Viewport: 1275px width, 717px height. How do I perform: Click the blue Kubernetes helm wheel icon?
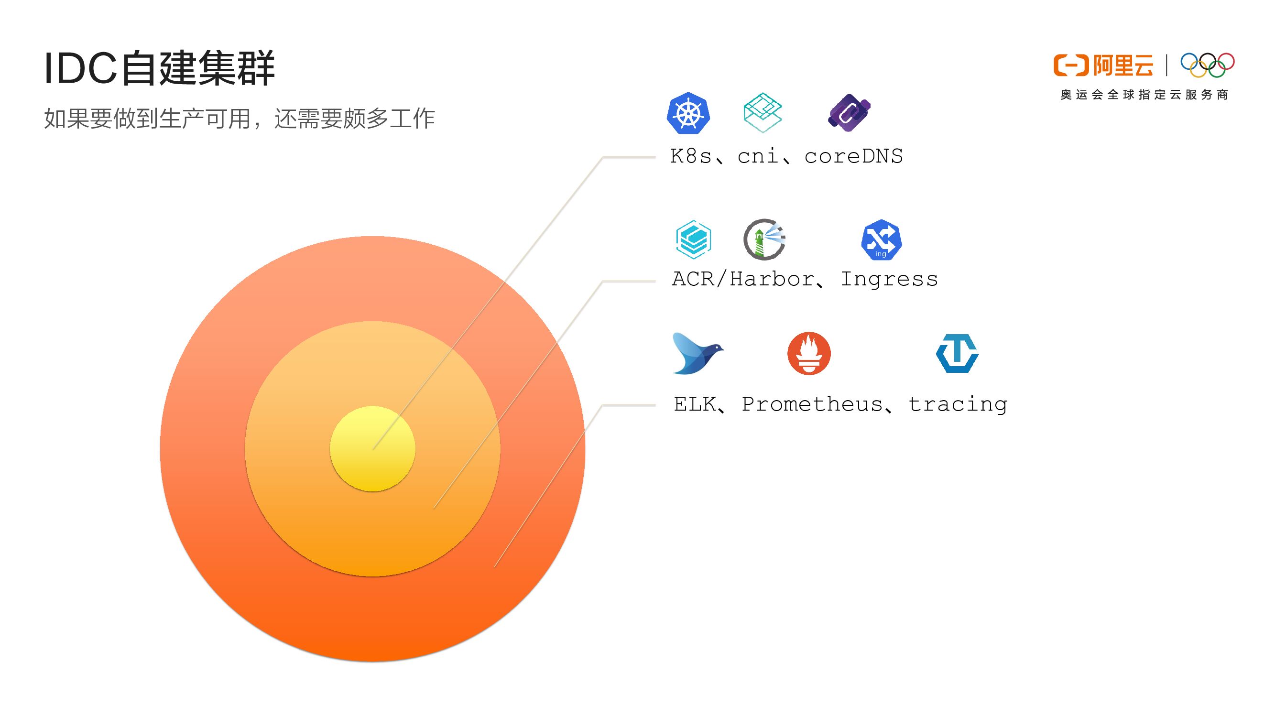pos(688,113)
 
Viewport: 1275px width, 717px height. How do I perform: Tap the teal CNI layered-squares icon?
pos(762,112)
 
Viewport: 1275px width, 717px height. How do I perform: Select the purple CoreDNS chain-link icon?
pos(850,112)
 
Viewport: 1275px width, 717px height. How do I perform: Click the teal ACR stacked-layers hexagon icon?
pos(693,239)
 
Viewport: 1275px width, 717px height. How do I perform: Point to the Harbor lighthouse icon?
pos(764,239)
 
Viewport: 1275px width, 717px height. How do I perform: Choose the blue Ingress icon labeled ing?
pos(881,240)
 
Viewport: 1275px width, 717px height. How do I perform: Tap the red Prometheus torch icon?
pos(809,353)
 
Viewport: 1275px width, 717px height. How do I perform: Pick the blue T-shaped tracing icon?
pos(957,353)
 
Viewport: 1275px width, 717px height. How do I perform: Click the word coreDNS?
pos(853,156)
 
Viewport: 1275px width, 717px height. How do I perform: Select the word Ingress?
pos(889,280)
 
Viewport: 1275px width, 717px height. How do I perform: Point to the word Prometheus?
pos(812,404)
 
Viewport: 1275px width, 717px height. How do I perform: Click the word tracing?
pos(958,405)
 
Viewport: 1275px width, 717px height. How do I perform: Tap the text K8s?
pos(691,156)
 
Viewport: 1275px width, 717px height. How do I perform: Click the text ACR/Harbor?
pos(743,280)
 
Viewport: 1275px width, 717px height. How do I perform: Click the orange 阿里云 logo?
pos(1103,65)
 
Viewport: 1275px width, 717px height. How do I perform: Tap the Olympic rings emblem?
pos(1207,65)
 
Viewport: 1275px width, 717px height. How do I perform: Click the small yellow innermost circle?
pos(372,448)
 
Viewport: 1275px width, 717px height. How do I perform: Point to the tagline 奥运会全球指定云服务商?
pos(1144,95)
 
